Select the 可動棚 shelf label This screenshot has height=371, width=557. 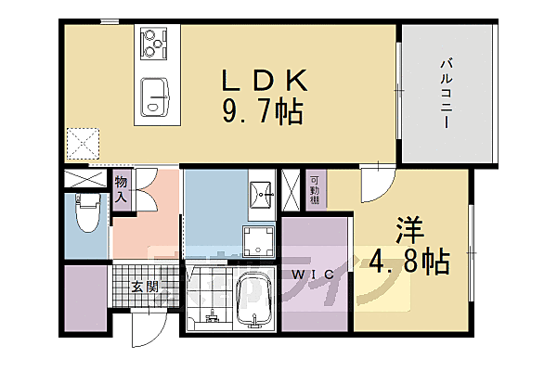click(x=315, y=188)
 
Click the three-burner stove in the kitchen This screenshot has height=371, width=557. click(x=154, y=43)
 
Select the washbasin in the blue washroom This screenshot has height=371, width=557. click(x=262, y=193)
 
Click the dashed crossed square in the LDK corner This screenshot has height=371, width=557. click(x=83, y=143)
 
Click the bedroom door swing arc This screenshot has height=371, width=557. click(x=376, y=182)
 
